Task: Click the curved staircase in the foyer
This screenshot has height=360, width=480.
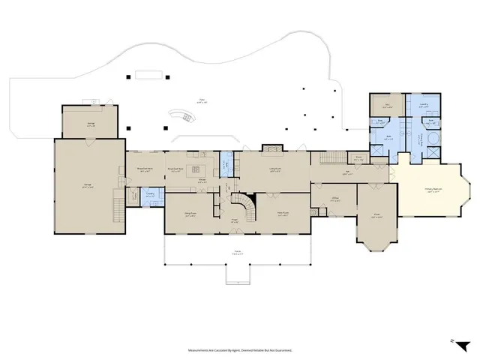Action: point(243,204)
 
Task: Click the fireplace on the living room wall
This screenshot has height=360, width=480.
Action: point(271,148)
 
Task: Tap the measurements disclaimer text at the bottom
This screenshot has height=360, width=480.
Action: point(240,349)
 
